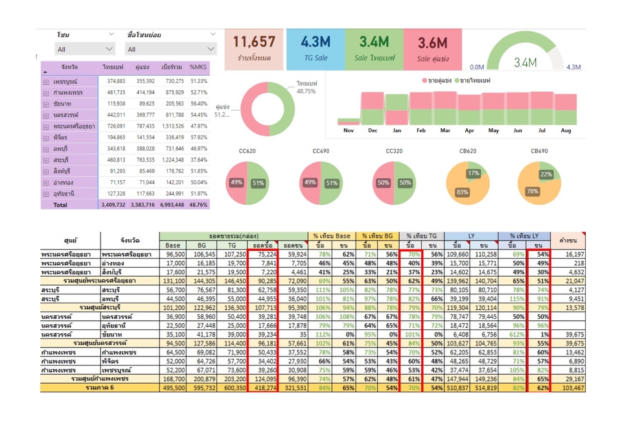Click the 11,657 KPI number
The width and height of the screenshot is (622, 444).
pos(255,42)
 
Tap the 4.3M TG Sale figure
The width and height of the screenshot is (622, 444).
pos(316,42)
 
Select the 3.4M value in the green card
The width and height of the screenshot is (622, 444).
pos(374,42)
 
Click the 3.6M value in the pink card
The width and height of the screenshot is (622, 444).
pos(432,43)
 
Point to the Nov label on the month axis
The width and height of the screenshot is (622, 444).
pos(349,130)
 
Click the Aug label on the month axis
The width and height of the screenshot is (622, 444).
pos(566,130)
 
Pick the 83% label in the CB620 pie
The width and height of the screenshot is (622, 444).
pos(462,193)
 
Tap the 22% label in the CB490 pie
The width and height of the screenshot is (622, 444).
pos(547,175)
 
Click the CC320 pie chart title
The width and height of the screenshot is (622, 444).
pos(395,151)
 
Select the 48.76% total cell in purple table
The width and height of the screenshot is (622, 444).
pos(198,205)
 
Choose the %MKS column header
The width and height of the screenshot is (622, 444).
pos(198,67)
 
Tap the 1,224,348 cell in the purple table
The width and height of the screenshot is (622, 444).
pos(173,160)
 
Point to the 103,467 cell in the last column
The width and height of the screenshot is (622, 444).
pos(571,388)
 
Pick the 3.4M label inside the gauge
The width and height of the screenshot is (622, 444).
pos(525,62)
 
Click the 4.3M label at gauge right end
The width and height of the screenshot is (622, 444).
pos(573,67)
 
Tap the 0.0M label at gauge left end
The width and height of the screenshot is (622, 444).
pos(477,67)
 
